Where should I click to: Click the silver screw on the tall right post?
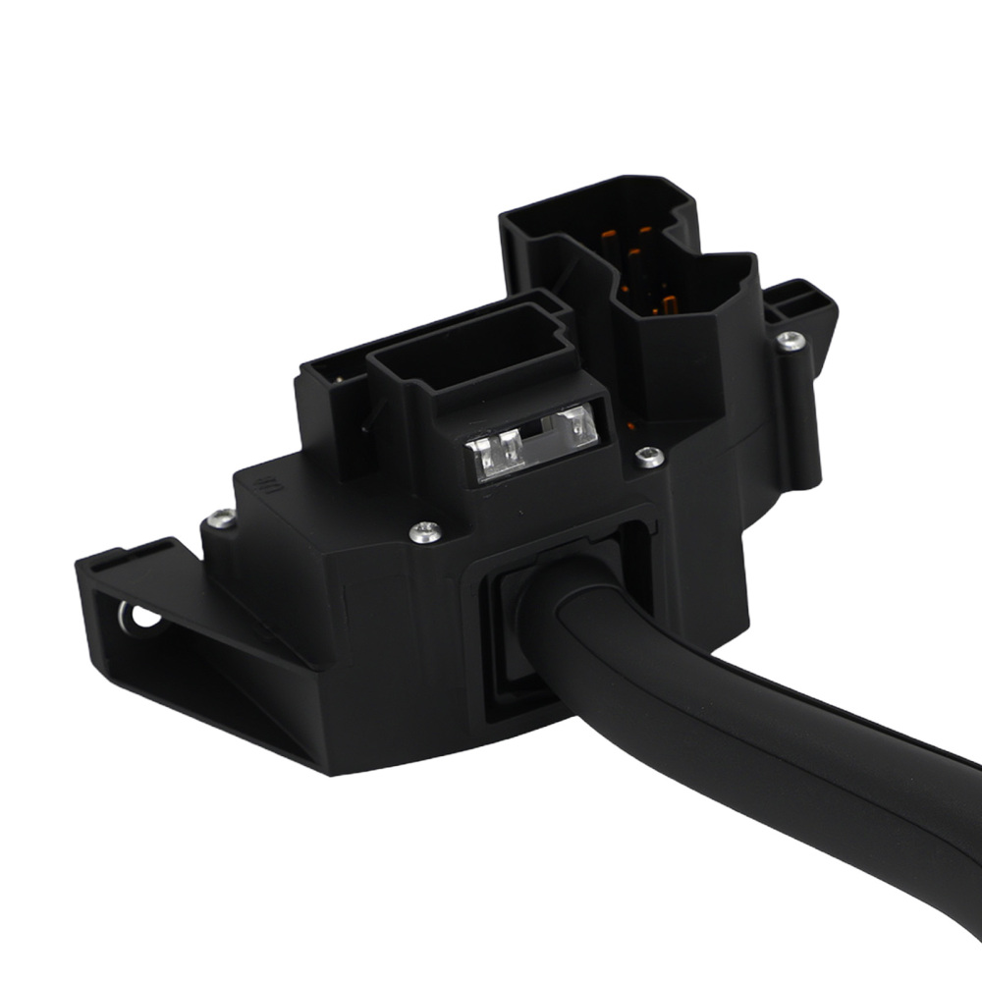[791, 341]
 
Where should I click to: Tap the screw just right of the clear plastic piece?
[648, 456]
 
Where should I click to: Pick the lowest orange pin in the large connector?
[669, 303]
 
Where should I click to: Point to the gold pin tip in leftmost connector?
[340, 375]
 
